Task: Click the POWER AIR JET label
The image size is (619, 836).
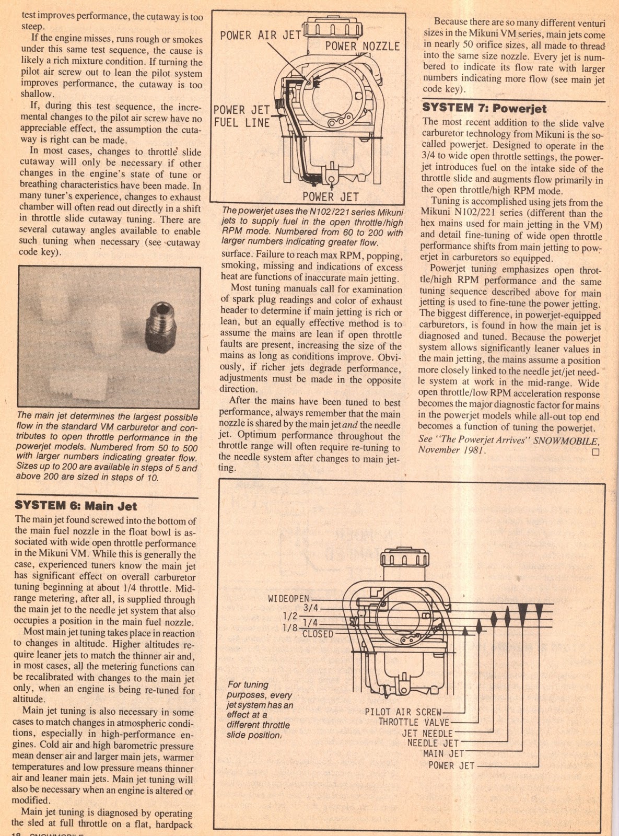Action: (260, 36)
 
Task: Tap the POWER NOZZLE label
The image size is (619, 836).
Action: (362, 46)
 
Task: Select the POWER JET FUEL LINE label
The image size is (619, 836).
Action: (242, 116)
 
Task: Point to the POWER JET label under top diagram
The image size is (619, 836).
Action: (331, 196)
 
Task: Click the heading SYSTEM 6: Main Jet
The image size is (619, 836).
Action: (76, 505)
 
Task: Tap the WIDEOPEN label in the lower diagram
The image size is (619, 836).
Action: (288, 599)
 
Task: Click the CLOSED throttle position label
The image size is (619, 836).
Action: (318, 634)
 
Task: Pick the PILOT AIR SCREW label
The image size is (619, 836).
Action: (403, 712)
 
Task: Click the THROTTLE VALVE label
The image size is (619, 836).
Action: (414, 722)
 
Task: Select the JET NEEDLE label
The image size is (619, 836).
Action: (427, 733)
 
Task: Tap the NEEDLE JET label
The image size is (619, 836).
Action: (433, 743)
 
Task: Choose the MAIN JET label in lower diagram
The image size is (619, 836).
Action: (443, 753)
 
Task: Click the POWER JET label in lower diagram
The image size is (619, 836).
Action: (451, 765)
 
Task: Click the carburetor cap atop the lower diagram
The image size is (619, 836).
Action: (405, 560)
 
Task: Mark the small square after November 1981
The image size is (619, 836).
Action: (596, 453)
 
